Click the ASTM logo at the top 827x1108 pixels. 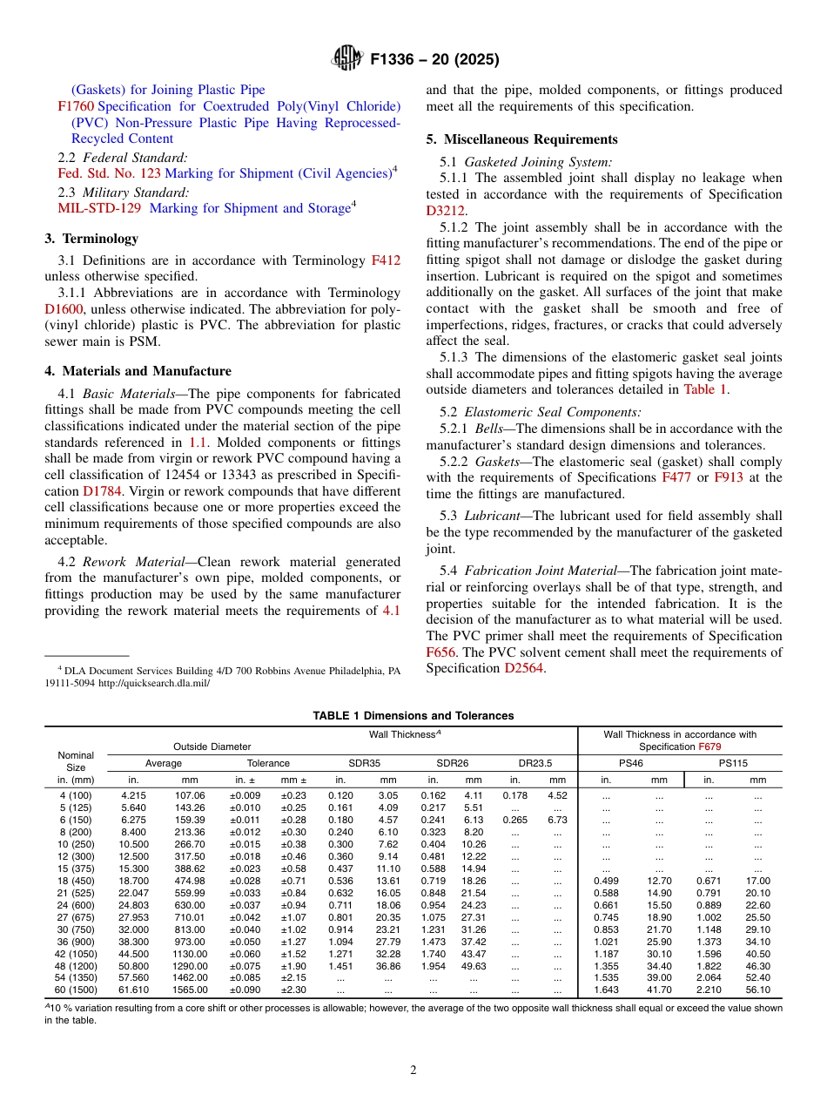point(347,59)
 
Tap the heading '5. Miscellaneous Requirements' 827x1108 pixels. point(521,139)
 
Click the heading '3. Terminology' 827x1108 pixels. point(91,239)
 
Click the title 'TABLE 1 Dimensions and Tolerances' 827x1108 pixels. point(413,716)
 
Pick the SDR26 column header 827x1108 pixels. point(452,763)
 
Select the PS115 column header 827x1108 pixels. point(732,763)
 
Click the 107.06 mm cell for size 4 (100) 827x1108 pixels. point(190,795)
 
